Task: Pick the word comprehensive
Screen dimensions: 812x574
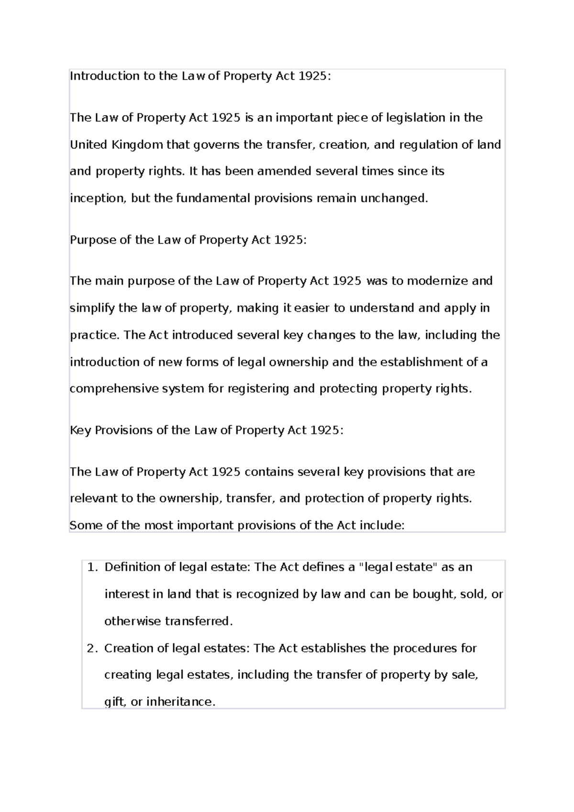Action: pos(114,389)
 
